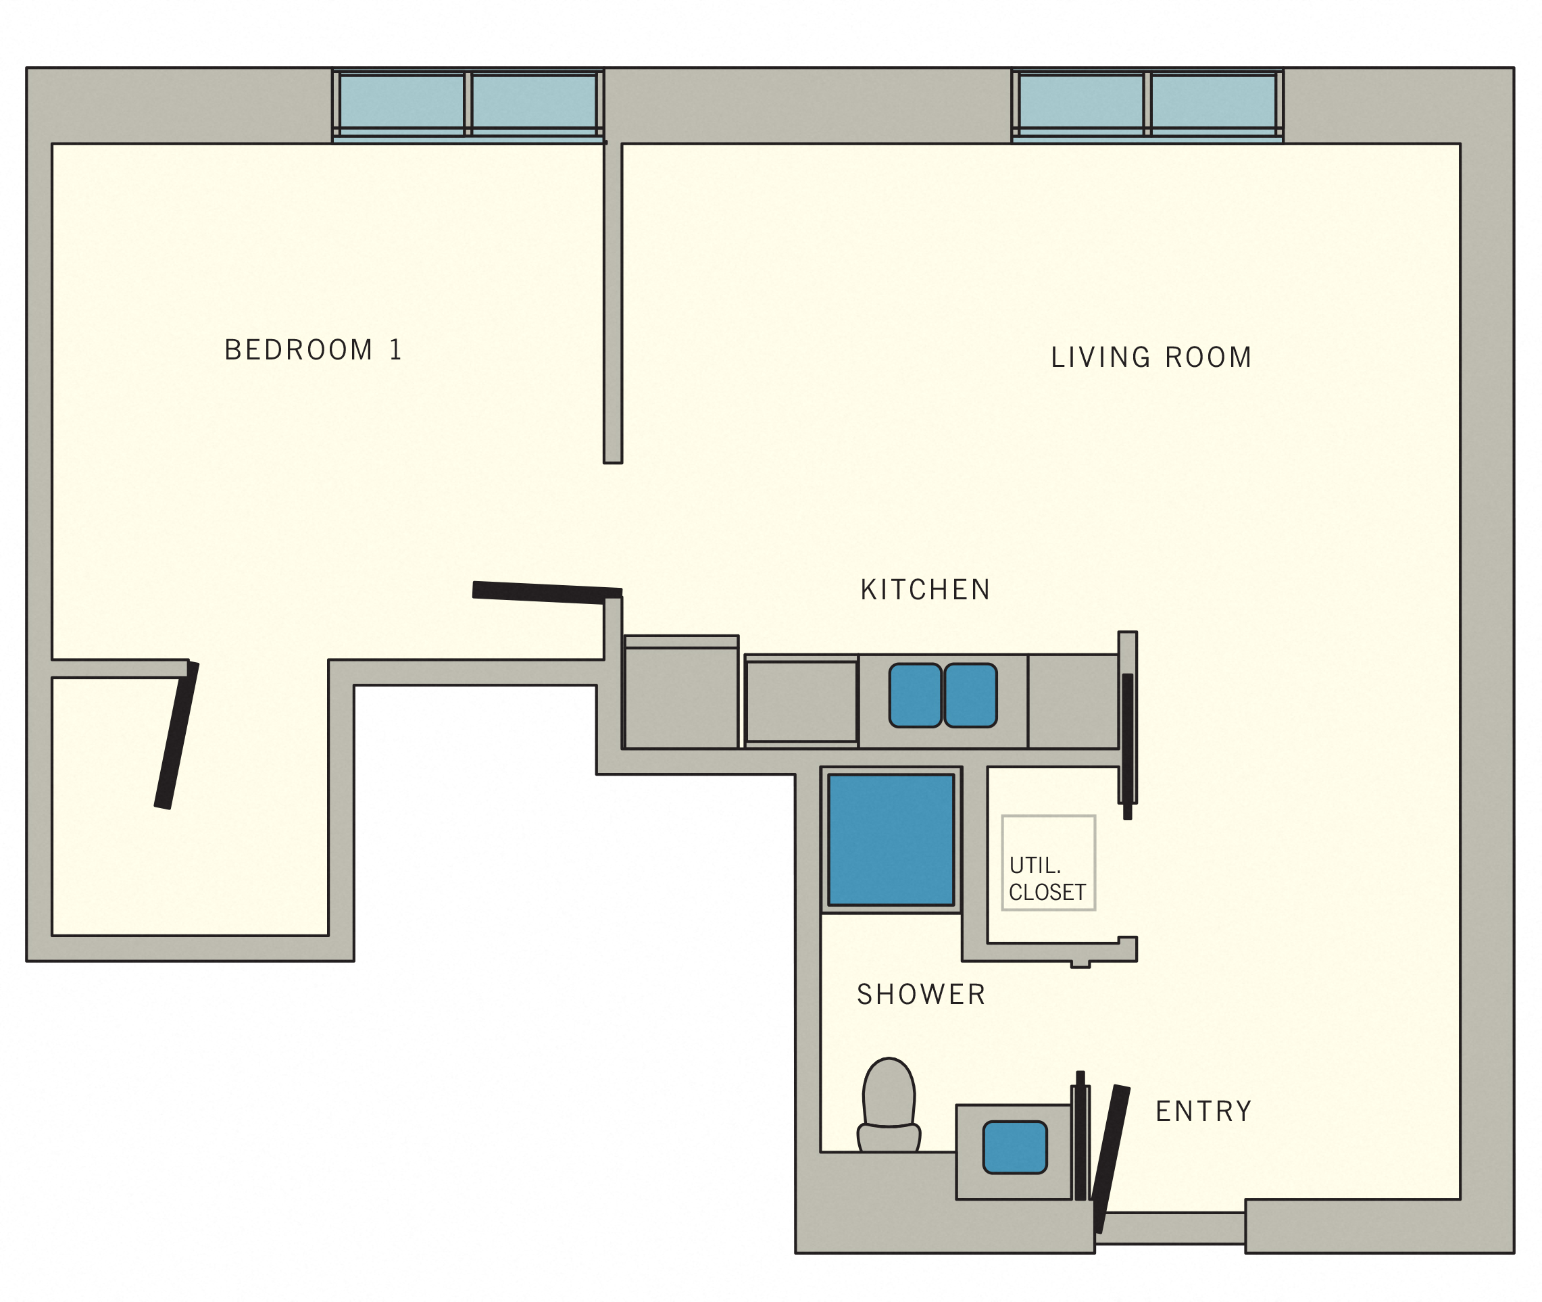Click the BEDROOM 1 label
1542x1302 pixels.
pos(313,350)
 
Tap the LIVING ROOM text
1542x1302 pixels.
pos(1151,357)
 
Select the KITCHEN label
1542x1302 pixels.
pos(925,590)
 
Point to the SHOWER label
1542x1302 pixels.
pos(920,994)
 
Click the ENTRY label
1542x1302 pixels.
pos(1203,1111)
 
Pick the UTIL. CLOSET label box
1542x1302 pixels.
pos(1047,863)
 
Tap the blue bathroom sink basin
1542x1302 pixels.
pos(1014,1147)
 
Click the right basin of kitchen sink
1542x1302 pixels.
pos(970,695)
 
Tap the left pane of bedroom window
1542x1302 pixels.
pos(401,101)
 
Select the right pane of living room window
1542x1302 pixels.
pos(1213,101)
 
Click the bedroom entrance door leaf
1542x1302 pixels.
pos(546,593)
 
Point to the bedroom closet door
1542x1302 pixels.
pos(176,735)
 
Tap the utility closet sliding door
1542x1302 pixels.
pos(1127,745)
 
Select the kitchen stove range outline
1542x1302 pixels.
pos(801,701)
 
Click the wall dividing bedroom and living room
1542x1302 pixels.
pos(613,303)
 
